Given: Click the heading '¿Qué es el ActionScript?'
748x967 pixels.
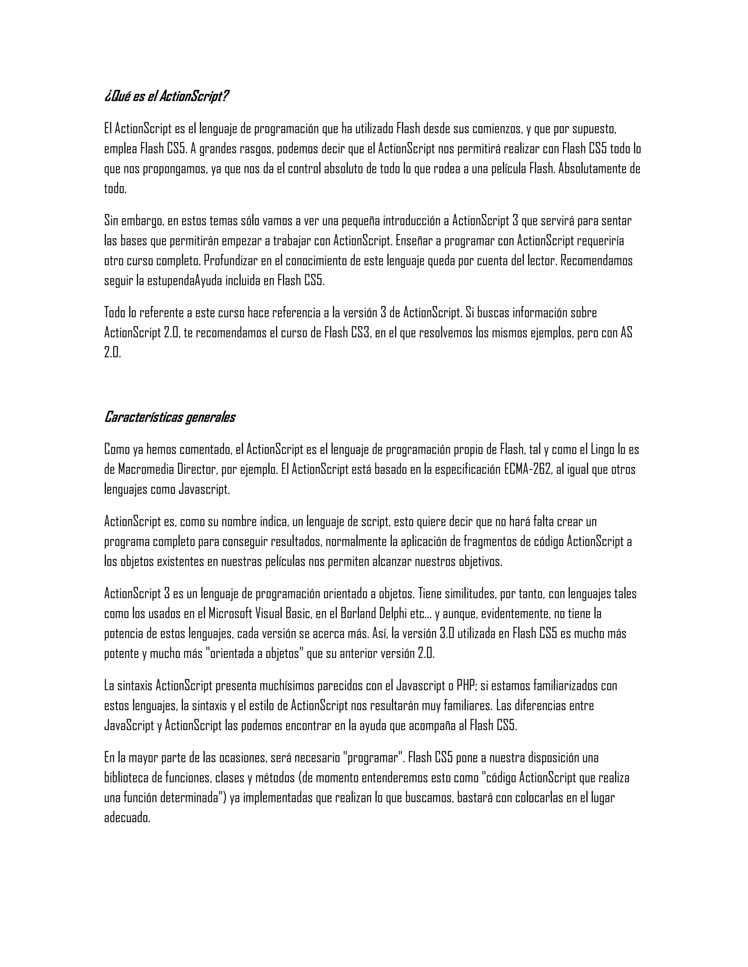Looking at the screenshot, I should click(x=167, y=96).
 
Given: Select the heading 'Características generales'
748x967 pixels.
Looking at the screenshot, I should click(x=170, y=417).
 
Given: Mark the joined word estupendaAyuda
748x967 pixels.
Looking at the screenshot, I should click(x=179, y=281).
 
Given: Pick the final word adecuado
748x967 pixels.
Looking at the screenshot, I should click(x=127, y=818).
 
